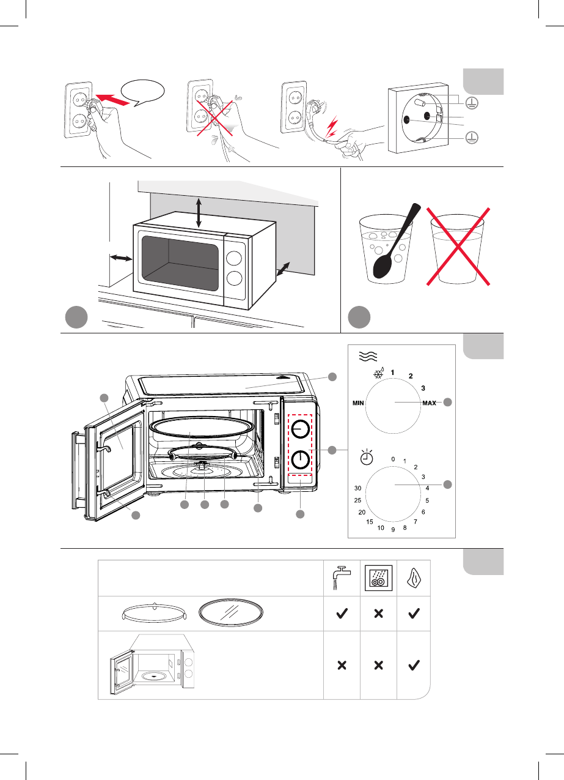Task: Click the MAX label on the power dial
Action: click(x=429, y=403)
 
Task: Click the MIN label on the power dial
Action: click(x=358, y=403)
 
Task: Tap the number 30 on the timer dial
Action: click(x=358, y=488)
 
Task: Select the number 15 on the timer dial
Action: click(x=369, y=522)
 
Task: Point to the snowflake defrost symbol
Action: click(x=378, y=373)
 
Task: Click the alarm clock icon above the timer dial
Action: click(x=367, y=457)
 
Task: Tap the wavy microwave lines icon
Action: click(x=368, y=356)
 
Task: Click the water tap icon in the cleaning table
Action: click(x=342, y=578)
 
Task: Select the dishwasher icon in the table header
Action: click(x=379, y=578)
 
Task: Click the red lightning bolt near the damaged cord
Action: click(x=332, y=127)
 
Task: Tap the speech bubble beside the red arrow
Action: click(x=142, y=92)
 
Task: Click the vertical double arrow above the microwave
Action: click(x=199, y=212)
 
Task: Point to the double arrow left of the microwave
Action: click(x=121, y=258)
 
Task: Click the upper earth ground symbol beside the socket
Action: click(x=472, y=103)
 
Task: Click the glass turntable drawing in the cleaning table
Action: click(x=231, y=612)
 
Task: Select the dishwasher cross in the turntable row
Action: click(x=379, y=613)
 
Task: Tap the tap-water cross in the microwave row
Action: click(x=342, y=666)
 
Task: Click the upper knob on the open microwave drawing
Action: click(x=301, y=429)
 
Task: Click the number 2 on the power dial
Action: click(x=411, y=376)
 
